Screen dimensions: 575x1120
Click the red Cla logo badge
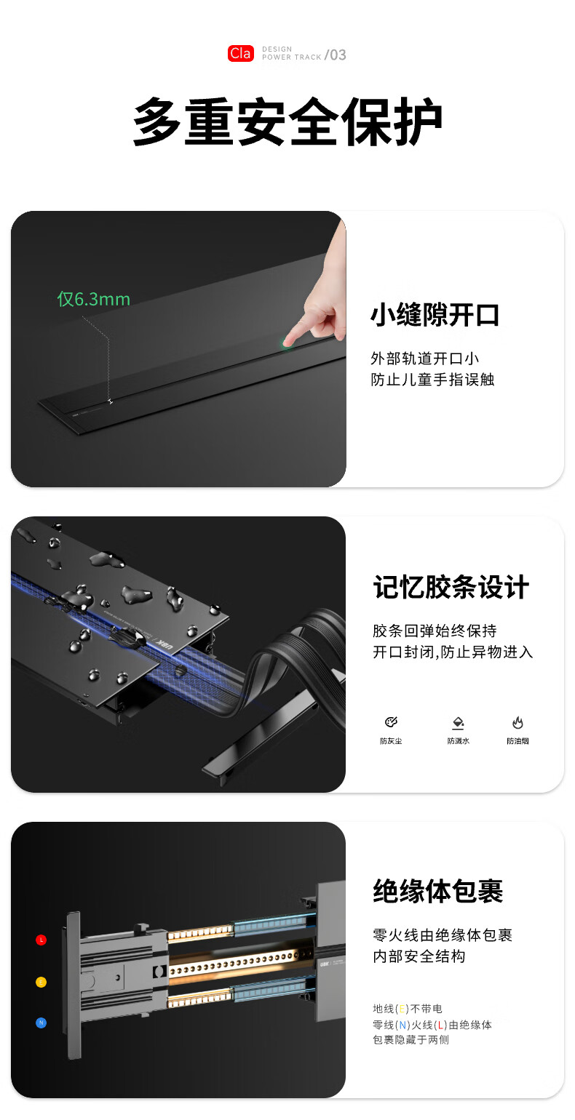point(241,53)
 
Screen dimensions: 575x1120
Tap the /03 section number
point(336,55)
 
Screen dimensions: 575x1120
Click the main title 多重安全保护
point(287,121)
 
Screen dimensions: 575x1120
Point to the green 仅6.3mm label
point(94,299)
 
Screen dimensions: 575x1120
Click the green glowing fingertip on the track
point(286,343)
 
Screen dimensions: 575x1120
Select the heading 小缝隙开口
point(435,315)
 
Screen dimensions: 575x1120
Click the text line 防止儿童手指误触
point(432,380)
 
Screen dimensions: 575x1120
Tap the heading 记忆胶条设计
point(451,586)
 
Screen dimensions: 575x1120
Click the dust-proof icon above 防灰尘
point(391,721)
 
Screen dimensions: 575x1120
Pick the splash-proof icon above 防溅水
point(458,723)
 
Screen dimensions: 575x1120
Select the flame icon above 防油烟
point(517,722)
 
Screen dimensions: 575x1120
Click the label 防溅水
point(458,741)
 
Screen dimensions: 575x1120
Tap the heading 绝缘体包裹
point(438,890)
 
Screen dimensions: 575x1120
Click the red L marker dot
point(41,940)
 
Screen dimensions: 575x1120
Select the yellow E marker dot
point(41,982)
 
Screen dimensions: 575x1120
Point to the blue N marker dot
point(41,1023)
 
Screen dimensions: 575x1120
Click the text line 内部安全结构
point(419,956)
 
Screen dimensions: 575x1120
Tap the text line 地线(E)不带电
point(408,1009)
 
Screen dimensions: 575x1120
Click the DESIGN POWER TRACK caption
point(291,53)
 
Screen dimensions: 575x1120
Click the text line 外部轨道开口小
point(425,358)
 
